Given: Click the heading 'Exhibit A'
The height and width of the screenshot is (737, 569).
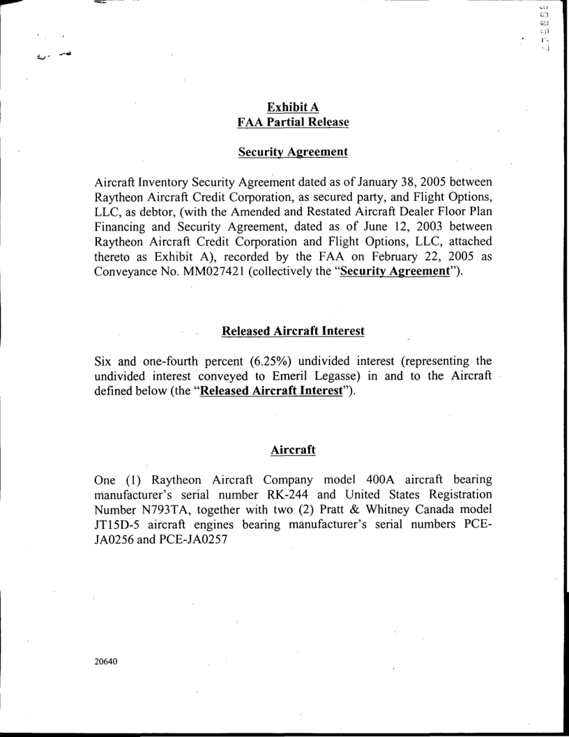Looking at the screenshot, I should pyautogui.click(x=284, y=107).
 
